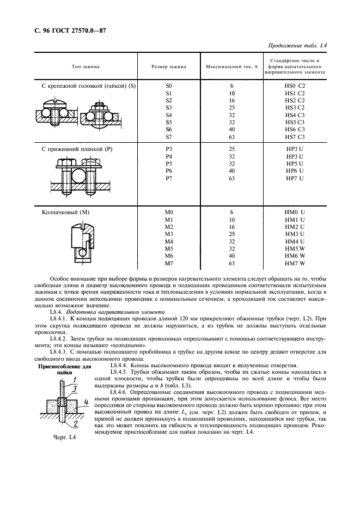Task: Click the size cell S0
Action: pos(168,86)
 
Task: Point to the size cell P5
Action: pos(168,163)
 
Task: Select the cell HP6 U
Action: pos(295,171)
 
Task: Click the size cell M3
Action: pos(168,234)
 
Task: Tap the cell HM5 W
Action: pos(295,248)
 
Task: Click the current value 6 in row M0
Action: pos(231,212)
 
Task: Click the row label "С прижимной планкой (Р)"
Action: pos(79,149)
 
